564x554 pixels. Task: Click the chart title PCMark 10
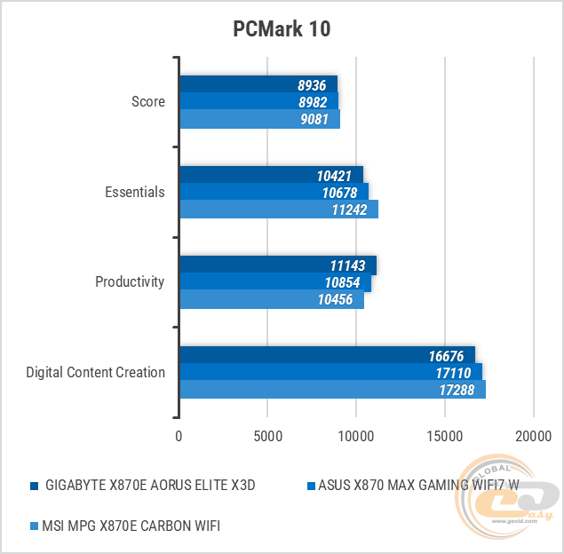click(x=282, y=29)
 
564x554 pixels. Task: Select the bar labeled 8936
click(x=258, y=84)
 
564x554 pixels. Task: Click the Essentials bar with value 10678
click(x=274, y=192)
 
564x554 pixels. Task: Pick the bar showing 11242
click(x=278, y=209)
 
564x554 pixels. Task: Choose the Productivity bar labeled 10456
click(x=271, y=299)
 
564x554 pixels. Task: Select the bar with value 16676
click(x=327, y=355)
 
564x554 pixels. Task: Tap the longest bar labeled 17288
click(x=332, y=389)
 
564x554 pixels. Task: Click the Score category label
click(x=148, y=101)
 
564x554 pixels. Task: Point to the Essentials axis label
click(x=135, y=192)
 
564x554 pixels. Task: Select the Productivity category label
click(x=130, y=281)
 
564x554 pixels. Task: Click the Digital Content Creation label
click(x=96, y=372)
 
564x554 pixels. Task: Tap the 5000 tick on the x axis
click(x=267, y=436)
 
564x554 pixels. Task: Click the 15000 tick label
click(x=444, y=436)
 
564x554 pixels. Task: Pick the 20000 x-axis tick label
click(x=533, y=436)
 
